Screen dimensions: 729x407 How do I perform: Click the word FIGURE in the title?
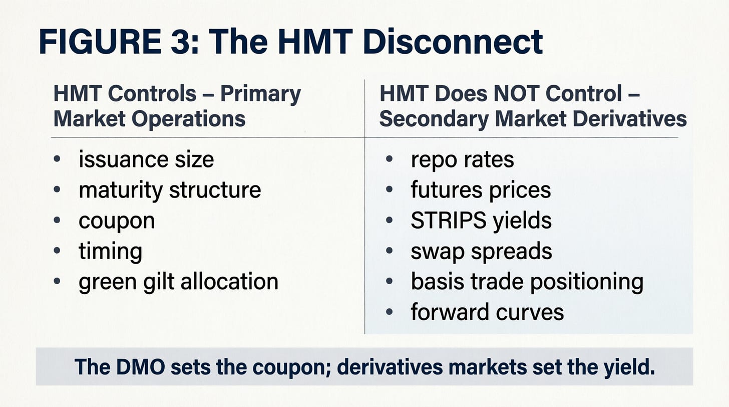coord(100,42)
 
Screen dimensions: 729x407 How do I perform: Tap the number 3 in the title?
coord(180,42)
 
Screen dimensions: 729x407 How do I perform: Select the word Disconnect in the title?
coord(453,42)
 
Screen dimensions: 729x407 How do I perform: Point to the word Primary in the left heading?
coord(260,95)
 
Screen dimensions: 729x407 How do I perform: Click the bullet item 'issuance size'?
coord(146,160)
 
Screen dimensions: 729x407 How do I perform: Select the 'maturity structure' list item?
coord(170,190)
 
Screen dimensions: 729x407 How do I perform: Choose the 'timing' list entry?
coord(110,251)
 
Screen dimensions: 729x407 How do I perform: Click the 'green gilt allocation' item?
coord(178,282)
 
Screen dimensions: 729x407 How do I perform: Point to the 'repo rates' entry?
coord(463,160)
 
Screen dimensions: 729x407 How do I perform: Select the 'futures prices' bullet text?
coord(481,189)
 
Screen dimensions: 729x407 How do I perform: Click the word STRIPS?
coord(449,220)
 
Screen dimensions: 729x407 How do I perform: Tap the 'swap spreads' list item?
coord(481,251)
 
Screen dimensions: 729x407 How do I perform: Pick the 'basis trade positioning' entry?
coord(527,282)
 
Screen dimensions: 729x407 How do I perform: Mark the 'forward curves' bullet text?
coord(487,312)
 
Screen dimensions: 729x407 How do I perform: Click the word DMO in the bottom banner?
coord(140,367)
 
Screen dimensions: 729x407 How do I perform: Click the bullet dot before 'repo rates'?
coord(389,159)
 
